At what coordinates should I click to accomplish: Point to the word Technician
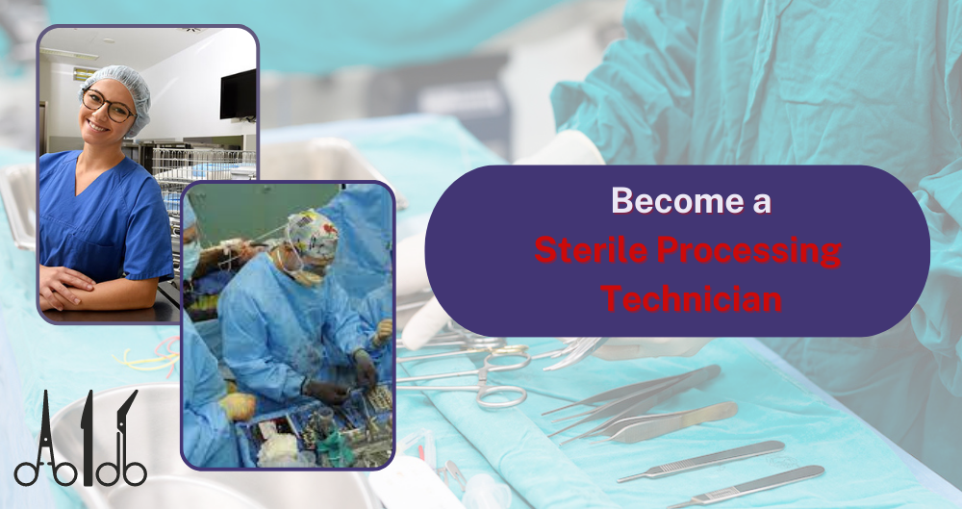point(690,298)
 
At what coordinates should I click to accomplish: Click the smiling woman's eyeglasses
point(108,104)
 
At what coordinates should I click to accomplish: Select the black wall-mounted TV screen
point(238,93)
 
